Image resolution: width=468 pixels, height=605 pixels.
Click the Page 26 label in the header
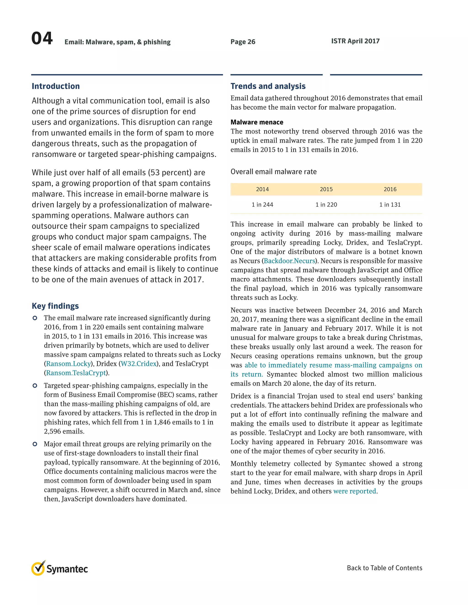[243, 42]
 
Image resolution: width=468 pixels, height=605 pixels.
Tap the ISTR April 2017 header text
[355, 41]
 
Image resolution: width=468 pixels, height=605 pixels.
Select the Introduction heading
[56, 86]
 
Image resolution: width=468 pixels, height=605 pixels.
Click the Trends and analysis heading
[268, 86]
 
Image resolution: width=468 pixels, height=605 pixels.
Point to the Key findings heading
[55, 306]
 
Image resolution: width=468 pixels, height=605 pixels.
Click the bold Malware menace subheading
[257, 122]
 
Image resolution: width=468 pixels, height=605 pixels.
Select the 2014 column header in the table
[262, 189]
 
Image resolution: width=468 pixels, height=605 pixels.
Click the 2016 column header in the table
[390, 189]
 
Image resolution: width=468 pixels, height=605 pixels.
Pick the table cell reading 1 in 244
[262, 205]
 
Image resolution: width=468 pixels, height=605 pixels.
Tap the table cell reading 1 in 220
[326, 205]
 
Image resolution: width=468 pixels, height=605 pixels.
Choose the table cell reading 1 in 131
[390, 205]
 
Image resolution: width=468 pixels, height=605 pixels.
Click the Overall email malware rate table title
[273, 172]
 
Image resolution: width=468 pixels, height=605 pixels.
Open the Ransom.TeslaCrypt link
[76, 373]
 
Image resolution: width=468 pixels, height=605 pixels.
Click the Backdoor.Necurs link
[290, 261]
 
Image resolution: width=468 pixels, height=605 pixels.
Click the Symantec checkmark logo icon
[38, 568]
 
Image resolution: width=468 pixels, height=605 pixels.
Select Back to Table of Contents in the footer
[384, 568]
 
